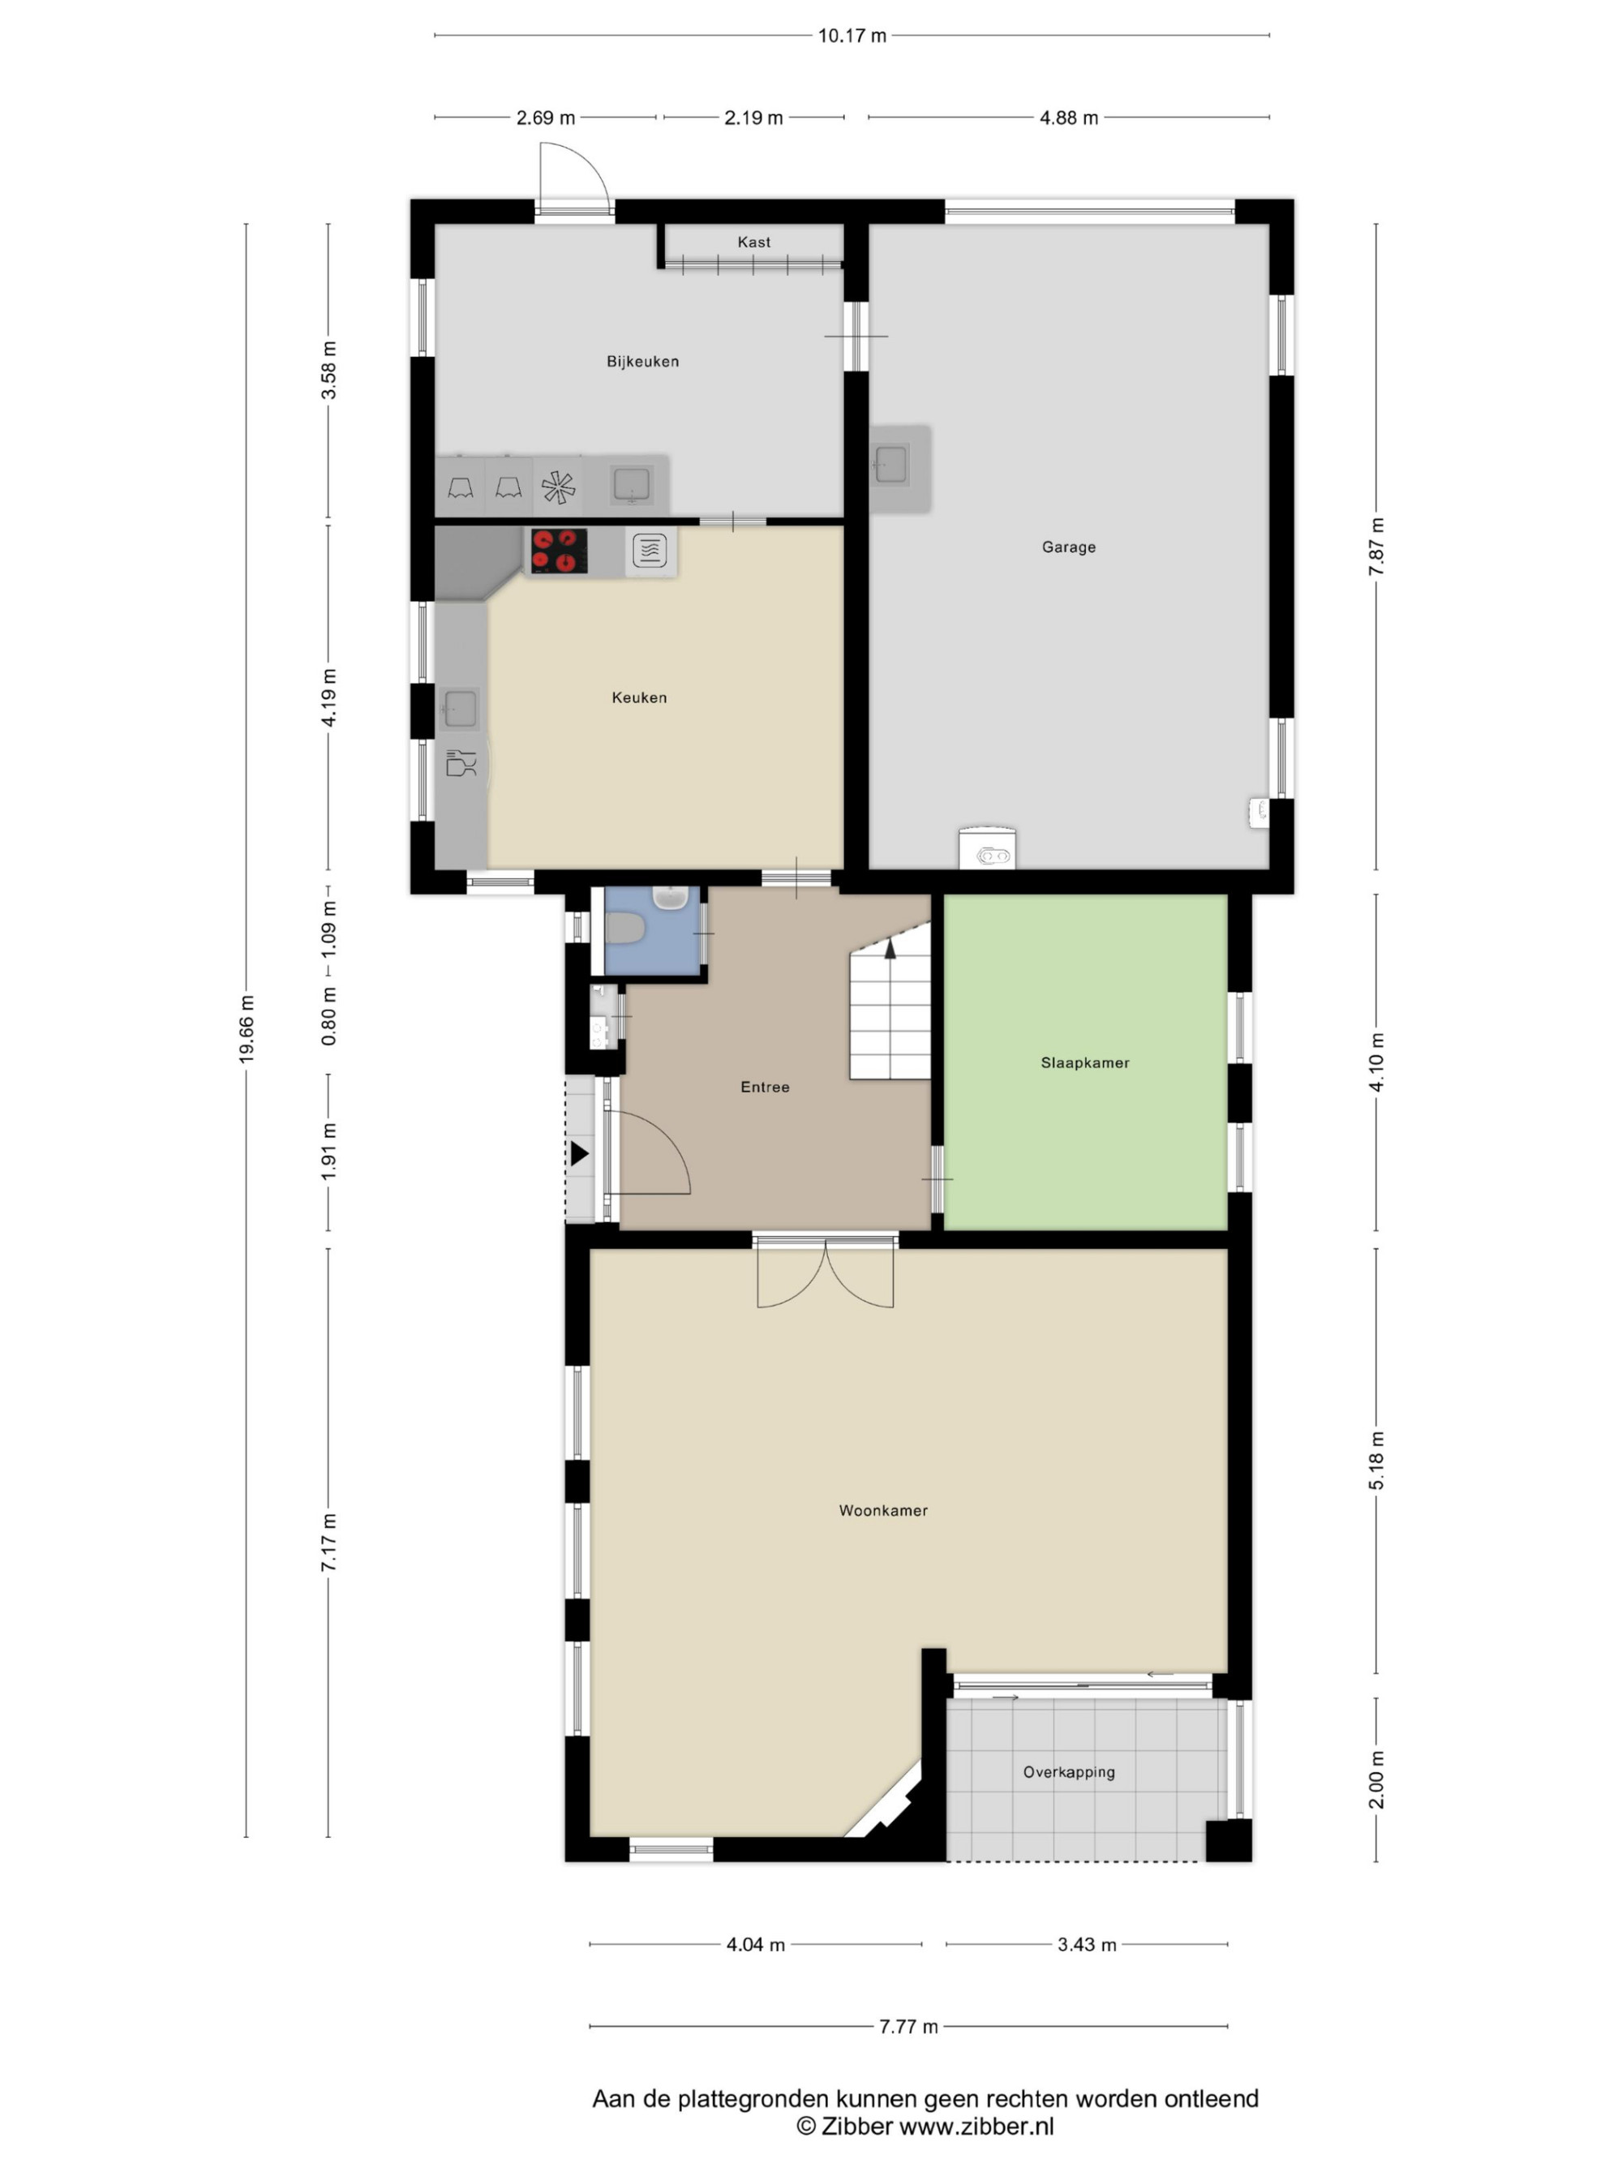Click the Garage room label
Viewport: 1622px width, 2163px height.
(x=1069, y=547)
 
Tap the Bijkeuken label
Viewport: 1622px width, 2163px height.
(x=642, y=362)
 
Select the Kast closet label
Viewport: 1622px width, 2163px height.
(x=753, y=242)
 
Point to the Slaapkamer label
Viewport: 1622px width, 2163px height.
(x=1085, y=1063)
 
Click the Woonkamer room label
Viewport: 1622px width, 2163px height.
(x=883, y=1511)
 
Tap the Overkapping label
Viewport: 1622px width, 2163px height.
(x=1069, y=1772)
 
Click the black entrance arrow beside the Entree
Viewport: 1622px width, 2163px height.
(x=579, y=1154)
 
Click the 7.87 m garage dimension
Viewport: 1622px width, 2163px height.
(x=1376, y=547)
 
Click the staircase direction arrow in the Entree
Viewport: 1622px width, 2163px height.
(x=890, y=949)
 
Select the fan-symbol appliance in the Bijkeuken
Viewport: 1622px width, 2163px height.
(x=558, y=487)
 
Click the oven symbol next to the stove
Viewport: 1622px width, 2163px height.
(x=649, y=551)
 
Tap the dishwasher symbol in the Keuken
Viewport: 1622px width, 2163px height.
(x=461, y=762)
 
